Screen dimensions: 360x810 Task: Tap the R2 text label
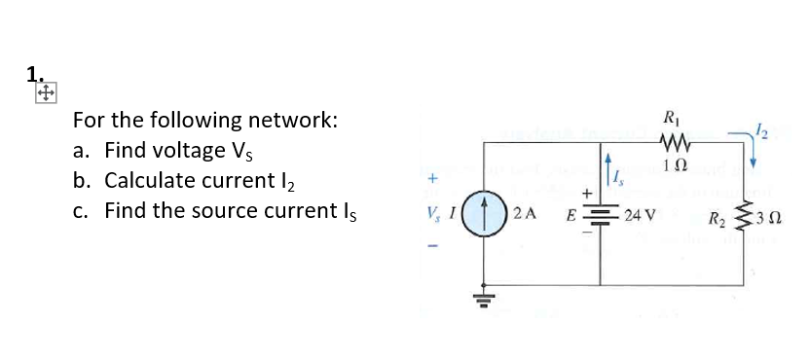tap(717, 214)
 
